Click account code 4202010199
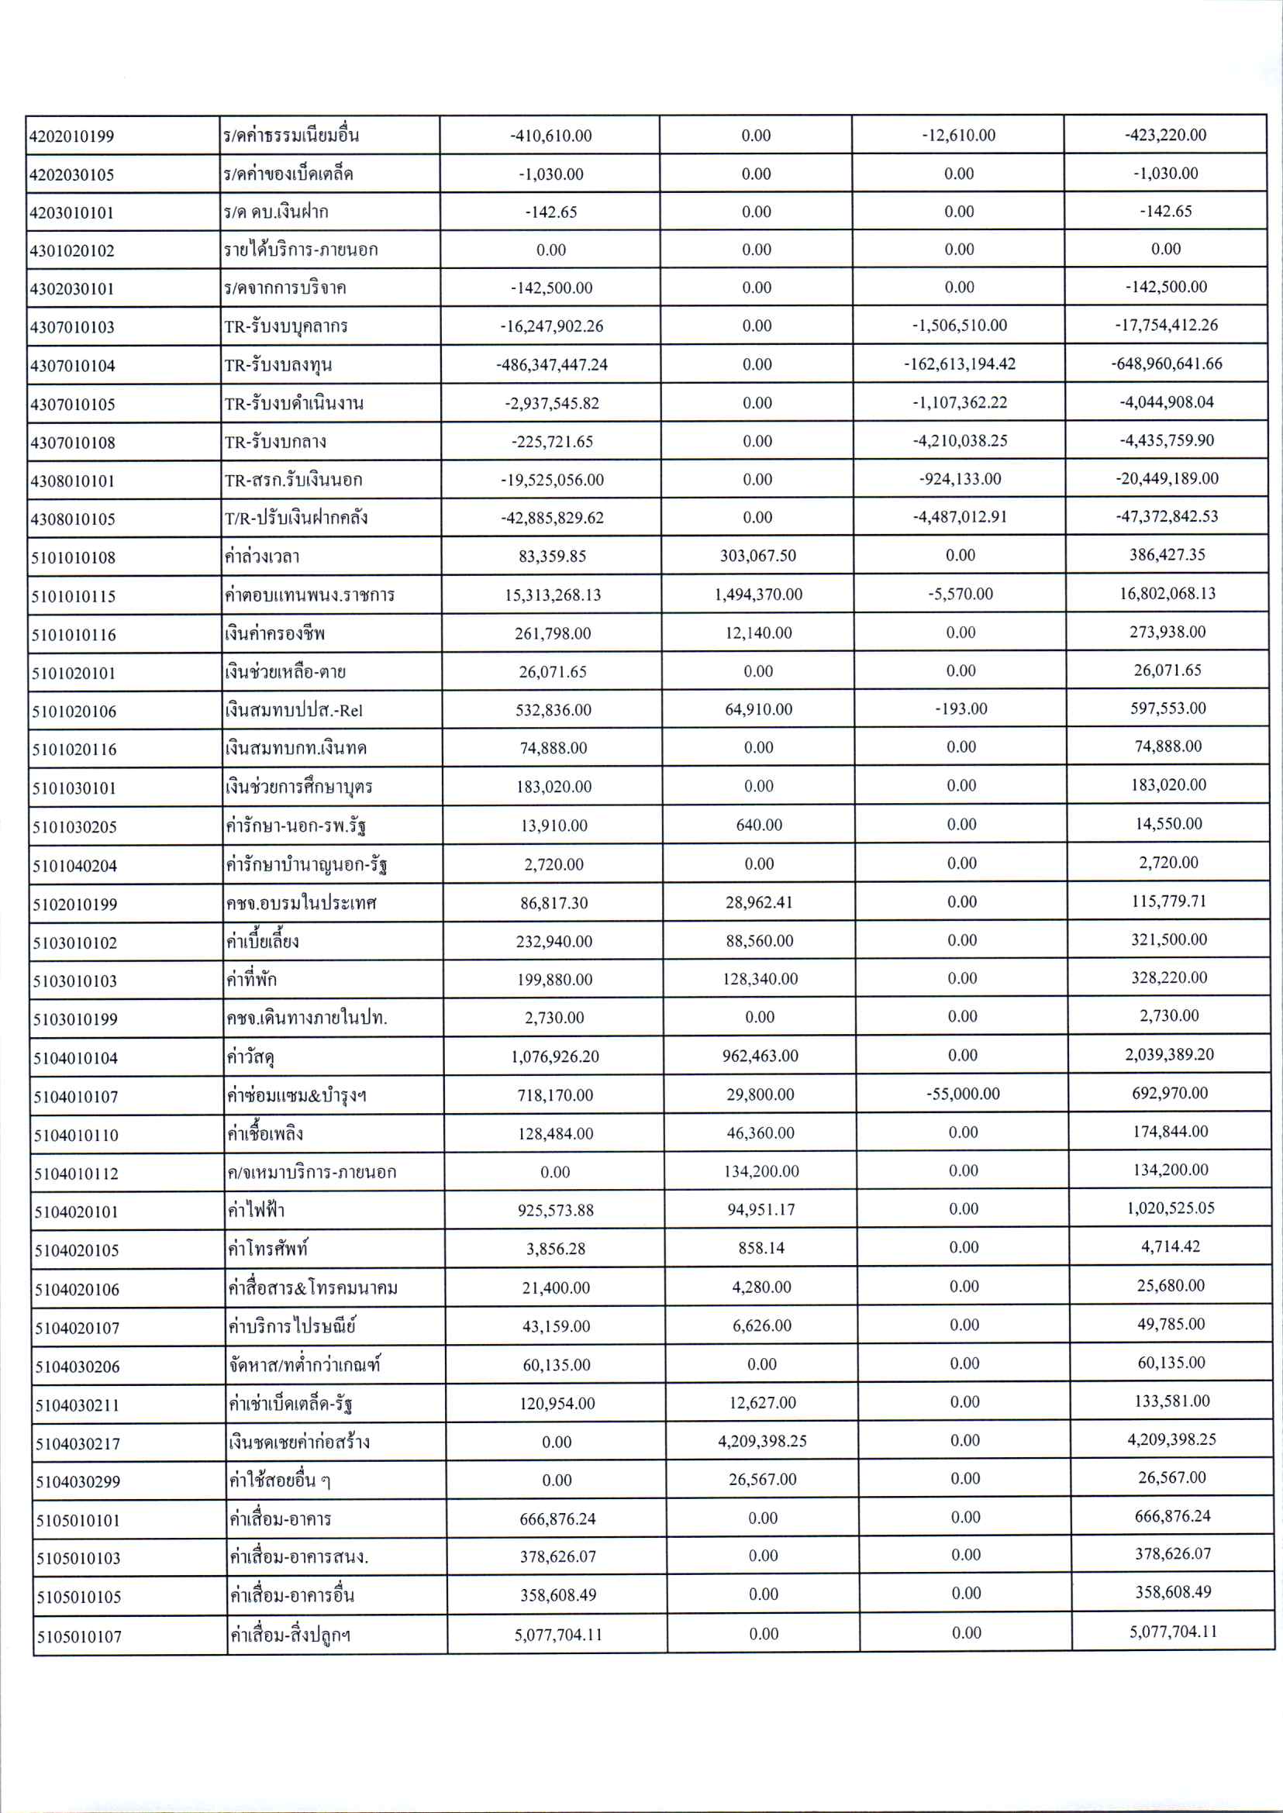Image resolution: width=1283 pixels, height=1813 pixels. coord(71,136)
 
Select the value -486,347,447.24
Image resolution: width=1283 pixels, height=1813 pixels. coord(551,365)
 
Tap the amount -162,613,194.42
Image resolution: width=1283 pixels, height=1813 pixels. coord(959,364)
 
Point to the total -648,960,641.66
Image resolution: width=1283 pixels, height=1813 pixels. coord(1166,364)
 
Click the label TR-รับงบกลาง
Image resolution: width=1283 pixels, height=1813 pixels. coord(275,442)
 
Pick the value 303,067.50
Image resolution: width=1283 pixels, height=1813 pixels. coord(757,555)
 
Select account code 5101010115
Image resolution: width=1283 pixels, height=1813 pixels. coord(74,596)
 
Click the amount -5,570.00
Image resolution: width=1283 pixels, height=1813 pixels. coord(960,593)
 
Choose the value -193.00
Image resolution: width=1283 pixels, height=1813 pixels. coord(961,708)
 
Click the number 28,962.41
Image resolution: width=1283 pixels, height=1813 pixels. coord(758,902)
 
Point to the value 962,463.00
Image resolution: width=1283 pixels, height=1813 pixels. coord(759,1056)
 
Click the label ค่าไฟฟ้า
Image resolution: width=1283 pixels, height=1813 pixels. coord(255,1209)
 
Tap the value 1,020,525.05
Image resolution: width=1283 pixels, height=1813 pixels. coord(1170,1208)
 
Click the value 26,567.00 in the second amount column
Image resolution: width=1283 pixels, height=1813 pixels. coord(761,1480)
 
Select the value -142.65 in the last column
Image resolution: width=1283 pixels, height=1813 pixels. coord(1165,211)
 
